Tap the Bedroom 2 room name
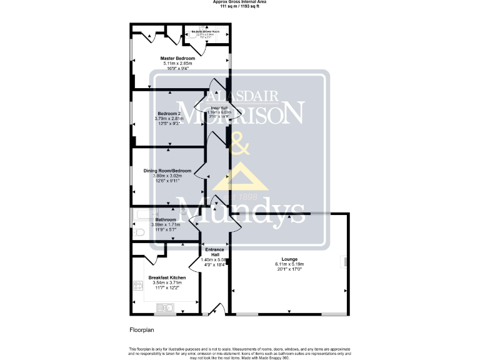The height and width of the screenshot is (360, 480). click(x=168, y=113)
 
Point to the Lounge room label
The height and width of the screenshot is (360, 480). click(x=289, y=258)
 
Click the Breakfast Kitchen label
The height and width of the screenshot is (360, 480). click(x=167, y=277)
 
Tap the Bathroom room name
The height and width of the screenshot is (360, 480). click(x=166, y=219)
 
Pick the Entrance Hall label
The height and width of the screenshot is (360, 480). click(x=214, y=252)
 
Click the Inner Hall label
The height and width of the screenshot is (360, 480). click(x=219, y=107)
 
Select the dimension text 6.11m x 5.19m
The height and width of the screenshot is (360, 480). click(x=289, y=264)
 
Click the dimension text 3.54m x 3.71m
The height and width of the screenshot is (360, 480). click(x=167, y=283)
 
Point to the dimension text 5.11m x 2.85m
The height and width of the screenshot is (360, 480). click(x=177, y=63)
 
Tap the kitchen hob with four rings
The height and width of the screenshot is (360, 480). click(x=137, y=286)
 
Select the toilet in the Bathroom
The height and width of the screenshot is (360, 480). click(x=139, y=233)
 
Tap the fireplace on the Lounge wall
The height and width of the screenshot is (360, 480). click(x=341, y=263)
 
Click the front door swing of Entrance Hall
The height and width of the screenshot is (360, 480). click(x=217, y=308)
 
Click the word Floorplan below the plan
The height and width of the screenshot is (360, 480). click(x=141, y=329)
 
